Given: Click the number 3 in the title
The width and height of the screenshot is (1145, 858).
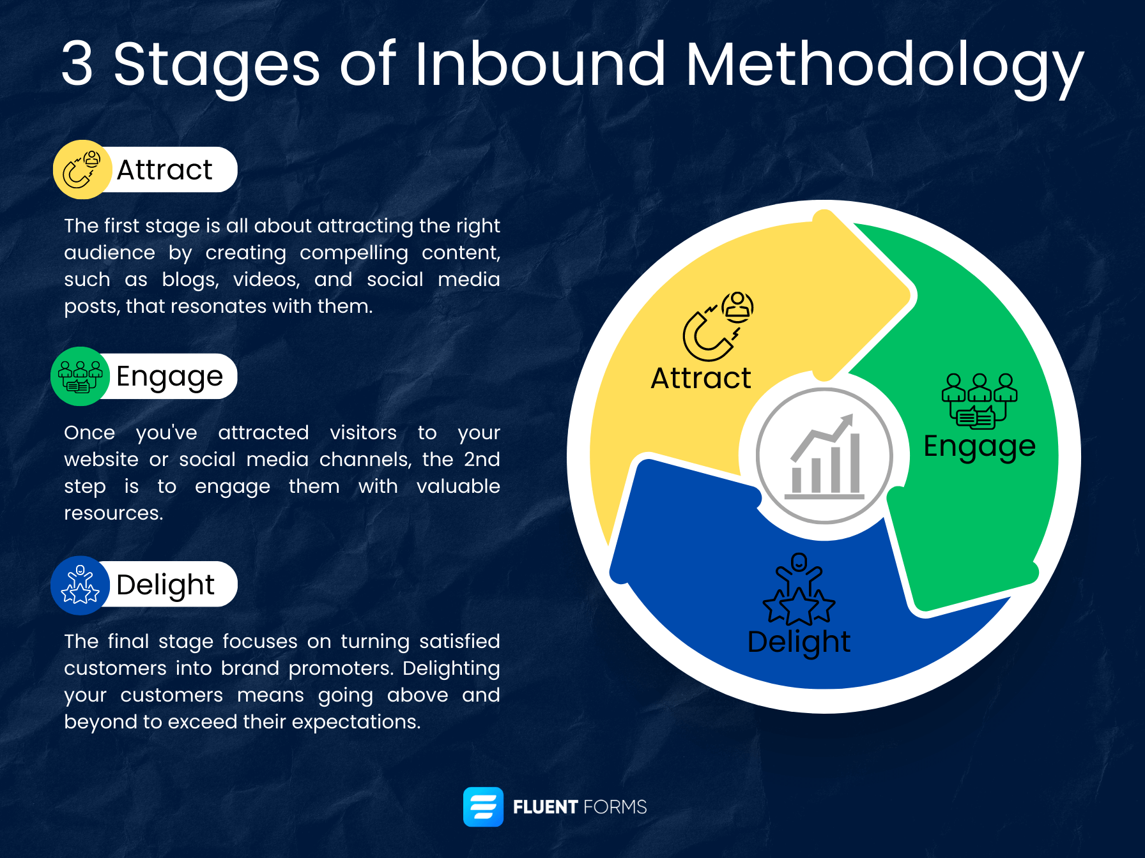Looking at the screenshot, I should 77,64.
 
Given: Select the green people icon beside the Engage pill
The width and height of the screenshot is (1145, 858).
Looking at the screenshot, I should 80,377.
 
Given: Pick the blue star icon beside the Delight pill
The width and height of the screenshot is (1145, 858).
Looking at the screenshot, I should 80,585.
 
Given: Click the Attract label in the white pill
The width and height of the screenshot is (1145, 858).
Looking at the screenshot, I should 164,170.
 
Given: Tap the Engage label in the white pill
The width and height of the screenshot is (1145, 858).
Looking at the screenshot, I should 169,377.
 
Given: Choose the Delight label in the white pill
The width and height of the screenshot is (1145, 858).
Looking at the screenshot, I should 165,585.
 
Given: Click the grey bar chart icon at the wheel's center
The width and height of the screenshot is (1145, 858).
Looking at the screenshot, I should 824,456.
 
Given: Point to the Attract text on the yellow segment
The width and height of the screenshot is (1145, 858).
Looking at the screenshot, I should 700,378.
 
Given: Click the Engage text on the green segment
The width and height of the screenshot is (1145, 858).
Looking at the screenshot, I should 979,446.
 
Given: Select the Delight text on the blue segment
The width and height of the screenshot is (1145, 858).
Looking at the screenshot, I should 799,642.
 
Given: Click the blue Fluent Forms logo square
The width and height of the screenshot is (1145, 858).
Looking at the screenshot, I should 483,807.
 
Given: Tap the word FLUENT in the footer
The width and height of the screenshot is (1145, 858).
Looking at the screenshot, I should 545,807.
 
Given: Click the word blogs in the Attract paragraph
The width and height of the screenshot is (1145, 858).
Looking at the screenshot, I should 190,280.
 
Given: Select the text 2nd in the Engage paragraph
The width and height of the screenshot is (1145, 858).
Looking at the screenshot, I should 482,459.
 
